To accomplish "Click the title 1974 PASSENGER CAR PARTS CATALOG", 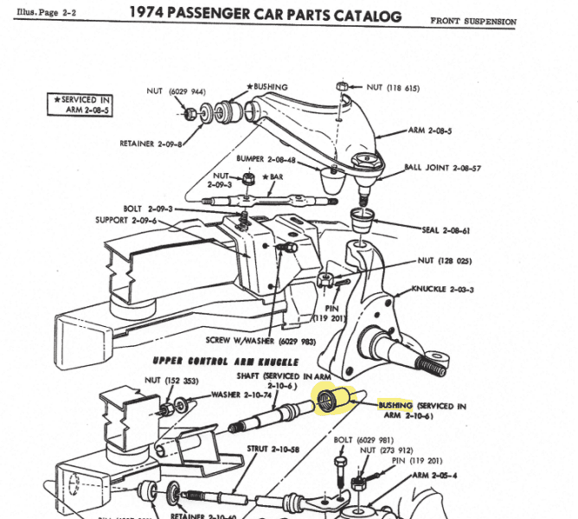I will pyautogui.click(x=265, y=15).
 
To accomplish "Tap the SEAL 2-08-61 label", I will pyautogui.click(x=447, y=230).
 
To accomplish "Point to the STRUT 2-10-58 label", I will pyautogui.click(x=271, y=449).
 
